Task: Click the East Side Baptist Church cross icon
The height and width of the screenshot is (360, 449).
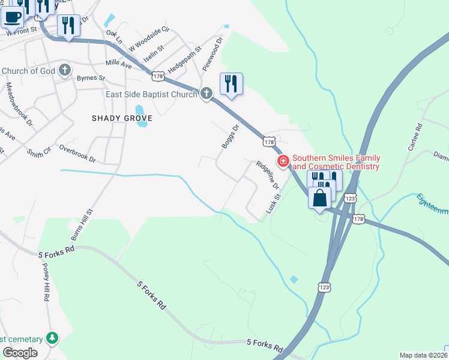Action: click(x=206, y=94)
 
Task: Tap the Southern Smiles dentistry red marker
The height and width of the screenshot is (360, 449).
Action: click(x=282, y=161)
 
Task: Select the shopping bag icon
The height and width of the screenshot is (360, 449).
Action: click(x=321, y=197)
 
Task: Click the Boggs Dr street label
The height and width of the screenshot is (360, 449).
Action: click(x=230, y=136)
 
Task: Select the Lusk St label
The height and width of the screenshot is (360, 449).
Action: click(x=274, y=205)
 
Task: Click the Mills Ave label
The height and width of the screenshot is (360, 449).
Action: click(x=118, y=63)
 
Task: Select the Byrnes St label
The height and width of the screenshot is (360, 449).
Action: click(x=90, y=78)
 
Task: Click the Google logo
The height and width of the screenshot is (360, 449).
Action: click(x=20, y=353)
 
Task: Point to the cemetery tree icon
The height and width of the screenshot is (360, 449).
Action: click(x=53, y=338)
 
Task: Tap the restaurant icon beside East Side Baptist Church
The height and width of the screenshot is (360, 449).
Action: click(x=232, y=84)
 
